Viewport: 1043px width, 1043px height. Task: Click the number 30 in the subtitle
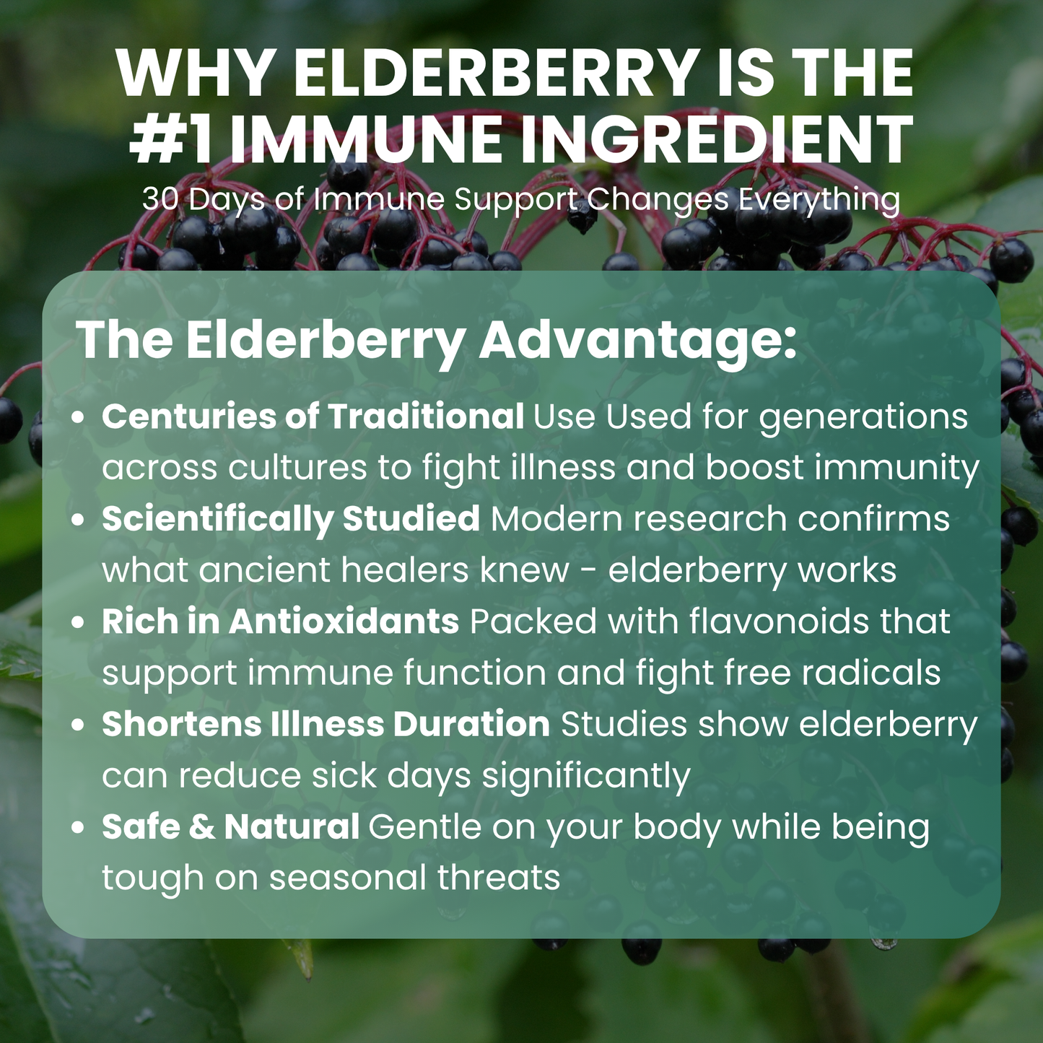[160, 199]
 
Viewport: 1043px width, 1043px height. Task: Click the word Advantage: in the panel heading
[638, 340]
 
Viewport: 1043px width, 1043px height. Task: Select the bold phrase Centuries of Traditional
[313, 416]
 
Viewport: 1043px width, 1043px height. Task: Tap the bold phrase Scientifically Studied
[290, 519]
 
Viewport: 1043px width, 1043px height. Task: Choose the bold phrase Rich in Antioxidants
[280, 621]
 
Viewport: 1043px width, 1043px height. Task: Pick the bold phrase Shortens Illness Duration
[326, 724]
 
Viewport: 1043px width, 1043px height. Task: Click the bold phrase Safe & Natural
[230, 826]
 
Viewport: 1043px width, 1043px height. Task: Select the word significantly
[586, 777]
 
